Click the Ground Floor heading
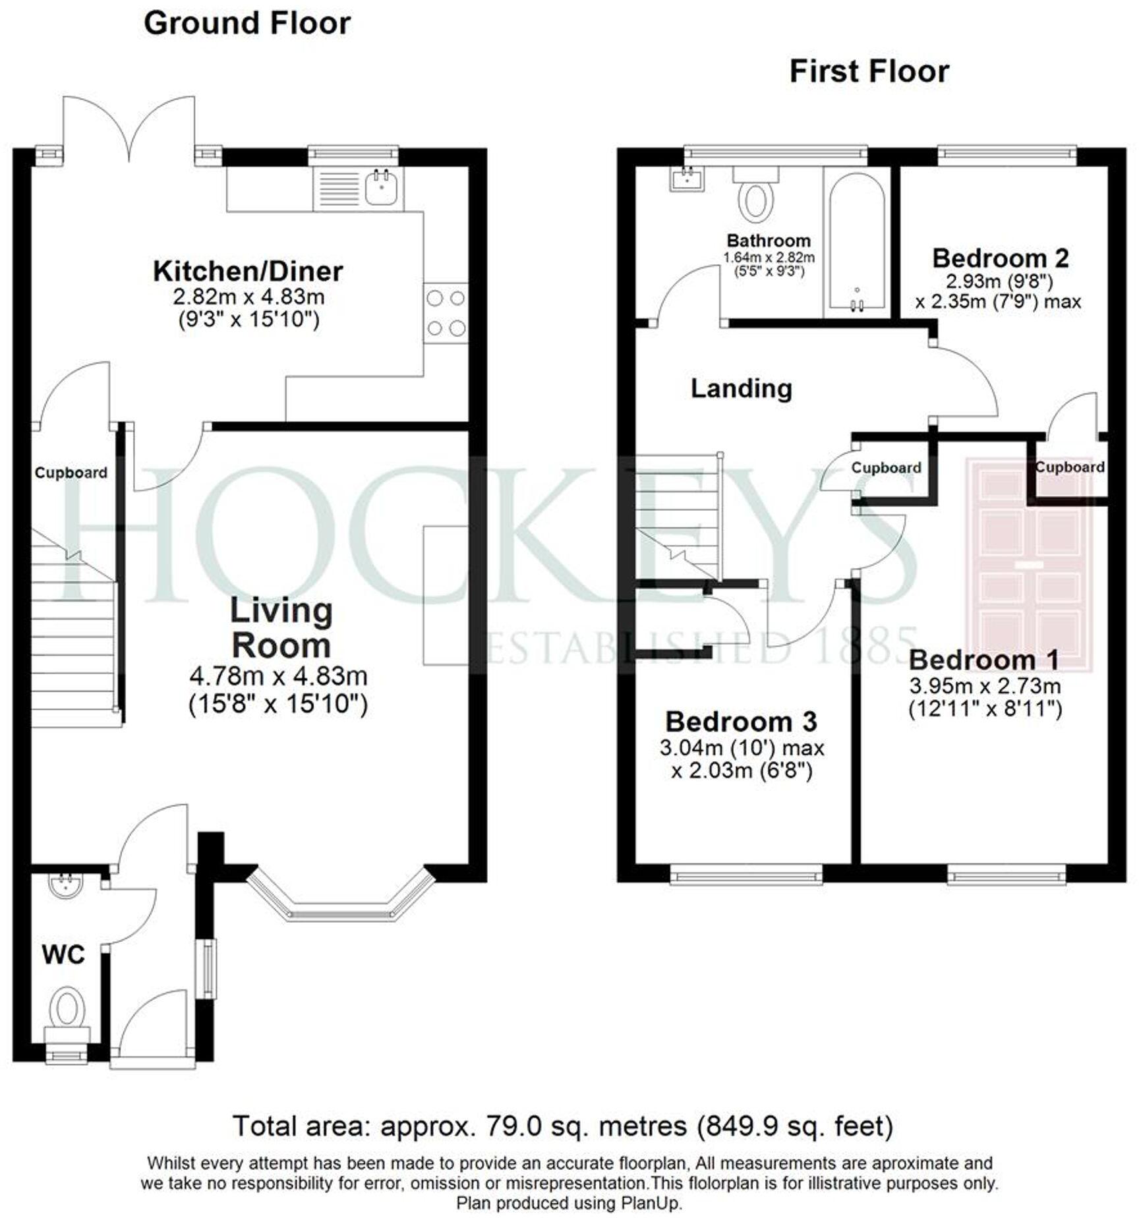247,24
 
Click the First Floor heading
869,71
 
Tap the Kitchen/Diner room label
248,271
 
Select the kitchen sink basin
381,187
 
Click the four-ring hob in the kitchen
446,313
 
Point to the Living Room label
281,628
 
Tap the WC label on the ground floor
63,954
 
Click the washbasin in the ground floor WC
65,886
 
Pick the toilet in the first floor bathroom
756,196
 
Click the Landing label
741,388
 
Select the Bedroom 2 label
1000,258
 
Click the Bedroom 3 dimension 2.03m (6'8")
742,770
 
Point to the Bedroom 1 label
983,660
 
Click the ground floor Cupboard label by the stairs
71,473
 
